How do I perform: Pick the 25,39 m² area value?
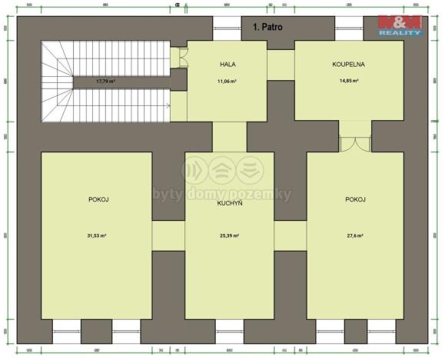[x=229, y=235]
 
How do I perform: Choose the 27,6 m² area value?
[x=354, y=235]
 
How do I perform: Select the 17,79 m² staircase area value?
[x=105, y=80]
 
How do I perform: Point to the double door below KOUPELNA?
[x=354, y=144]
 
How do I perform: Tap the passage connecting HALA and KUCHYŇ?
[x=229, y=135]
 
